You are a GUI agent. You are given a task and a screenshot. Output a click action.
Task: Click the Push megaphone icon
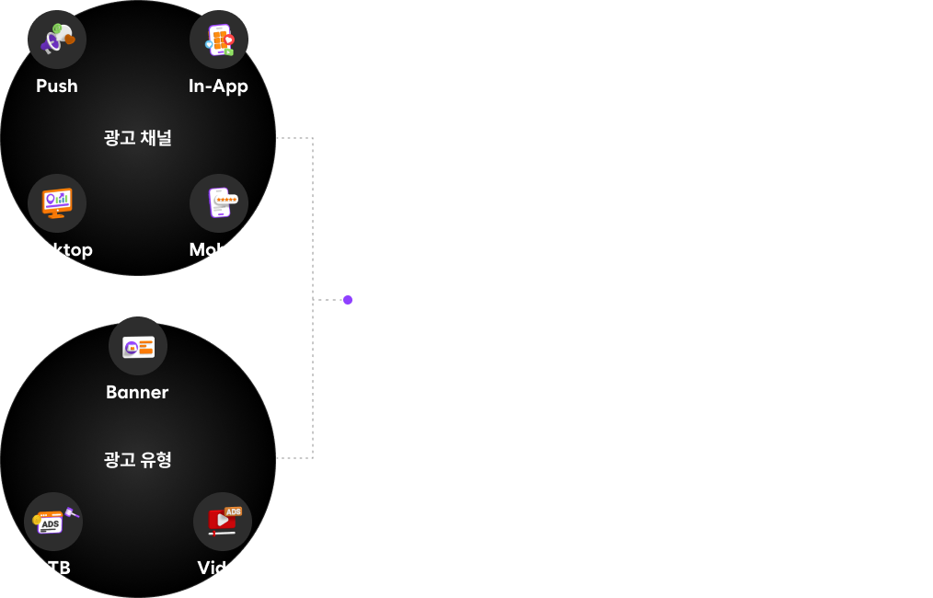coord(57,39)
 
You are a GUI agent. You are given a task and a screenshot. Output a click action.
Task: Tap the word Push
coord(57,86)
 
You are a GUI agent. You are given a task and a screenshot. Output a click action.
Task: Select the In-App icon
coord(219,40)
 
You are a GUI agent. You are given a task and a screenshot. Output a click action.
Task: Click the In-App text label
coord(218,86)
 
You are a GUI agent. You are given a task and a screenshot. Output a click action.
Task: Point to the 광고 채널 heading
coord(138,138)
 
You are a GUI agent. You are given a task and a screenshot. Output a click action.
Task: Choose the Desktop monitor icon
coord(57,203)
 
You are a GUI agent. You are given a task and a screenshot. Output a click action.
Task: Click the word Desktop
coord(57,249)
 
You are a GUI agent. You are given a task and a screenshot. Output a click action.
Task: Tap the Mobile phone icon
coord(219,203)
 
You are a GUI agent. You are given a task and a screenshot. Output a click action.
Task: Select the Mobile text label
coord(218,249)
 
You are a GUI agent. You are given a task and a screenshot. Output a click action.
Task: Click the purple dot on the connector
coord(348,300)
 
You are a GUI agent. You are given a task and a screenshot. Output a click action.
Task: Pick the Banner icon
coord(138,346)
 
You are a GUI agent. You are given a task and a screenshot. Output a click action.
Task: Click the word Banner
coord(137,392)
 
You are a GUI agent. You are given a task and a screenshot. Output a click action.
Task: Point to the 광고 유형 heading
coord(138,459)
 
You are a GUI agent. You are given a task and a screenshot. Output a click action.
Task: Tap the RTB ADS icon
coord(53,522)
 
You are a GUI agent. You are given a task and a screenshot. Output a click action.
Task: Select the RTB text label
coord(53,568)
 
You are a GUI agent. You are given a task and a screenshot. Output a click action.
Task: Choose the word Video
coord(223,568)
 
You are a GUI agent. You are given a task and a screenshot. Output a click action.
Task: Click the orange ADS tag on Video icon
coord(233,512)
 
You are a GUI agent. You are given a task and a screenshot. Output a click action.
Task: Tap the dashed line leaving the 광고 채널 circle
coord(294,138)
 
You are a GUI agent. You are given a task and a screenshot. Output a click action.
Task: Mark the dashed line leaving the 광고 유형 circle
coord(294,457)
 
